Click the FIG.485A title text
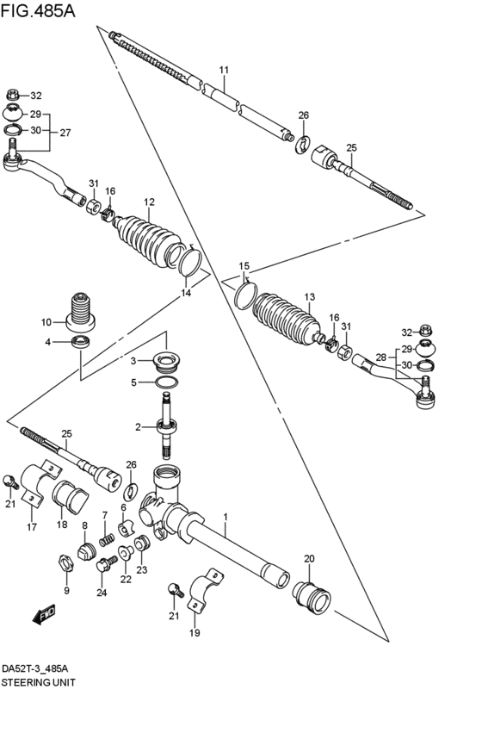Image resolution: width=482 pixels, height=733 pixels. [38, 10]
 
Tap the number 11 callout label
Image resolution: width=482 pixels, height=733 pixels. [224, 70]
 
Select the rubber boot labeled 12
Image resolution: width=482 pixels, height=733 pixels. [150, 241]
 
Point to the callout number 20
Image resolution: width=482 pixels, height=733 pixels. [309, 558]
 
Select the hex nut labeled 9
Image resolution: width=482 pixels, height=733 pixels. [66, 562]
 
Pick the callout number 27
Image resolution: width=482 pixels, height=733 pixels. [65, 133]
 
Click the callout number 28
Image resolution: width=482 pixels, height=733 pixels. [381, 357]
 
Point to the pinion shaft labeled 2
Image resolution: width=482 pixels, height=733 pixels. [168, 426]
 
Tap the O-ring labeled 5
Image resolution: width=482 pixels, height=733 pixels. [167, 382]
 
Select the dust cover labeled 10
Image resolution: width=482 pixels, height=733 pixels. [80, 314]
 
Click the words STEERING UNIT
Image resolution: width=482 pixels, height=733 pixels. [38, 682]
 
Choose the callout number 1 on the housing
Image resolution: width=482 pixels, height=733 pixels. [226, 517]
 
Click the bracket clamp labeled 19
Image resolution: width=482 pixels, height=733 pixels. [206, 591]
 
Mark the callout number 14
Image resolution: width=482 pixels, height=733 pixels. [187, 293]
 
